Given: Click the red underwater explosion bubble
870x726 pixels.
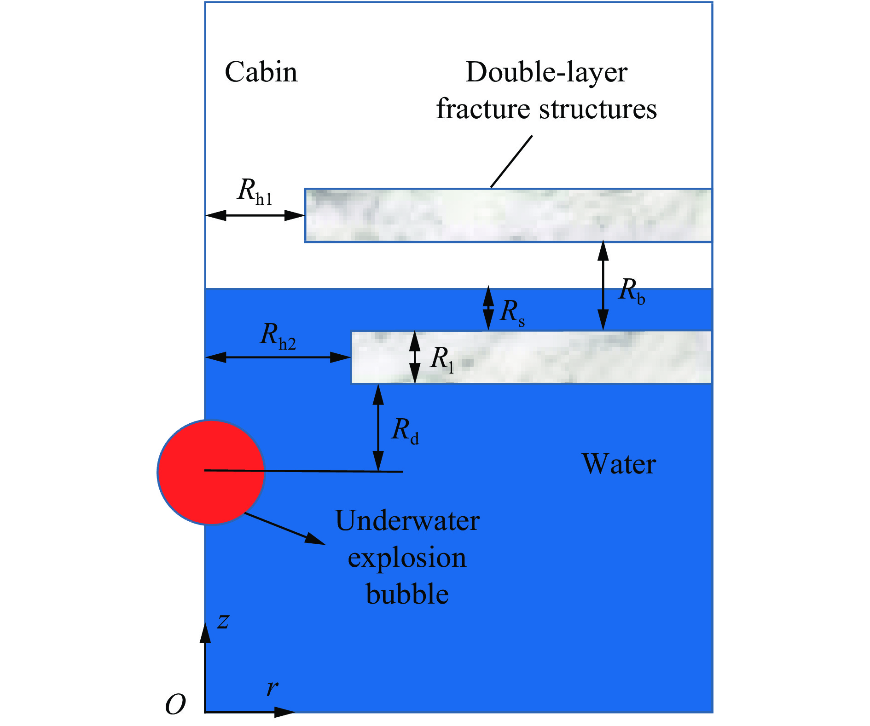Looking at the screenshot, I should [x=210, y=472].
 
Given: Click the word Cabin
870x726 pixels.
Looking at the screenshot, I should [x=261, y=72].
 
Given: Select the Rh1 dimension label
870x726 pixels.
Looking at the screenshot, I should [x=255, y=191].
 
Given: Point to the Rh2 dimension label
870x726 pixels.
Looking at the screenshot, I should [x=278, y=335].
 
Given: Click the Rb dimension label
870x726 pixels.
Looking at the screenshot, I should [x=632, y=291].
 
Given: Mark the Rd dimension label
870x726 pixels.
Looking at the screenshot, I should [x=405, y=432].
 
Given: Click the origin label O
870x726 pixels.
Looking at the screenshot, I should [x=175, y=704].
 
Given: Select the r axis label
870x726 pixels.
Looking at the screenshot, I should [x=272, y=688].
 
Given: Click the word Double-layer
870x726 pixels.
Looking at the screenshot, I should [x=546, y=72].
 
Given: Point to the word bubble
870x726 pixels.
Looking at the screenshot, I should [x=407, y=594].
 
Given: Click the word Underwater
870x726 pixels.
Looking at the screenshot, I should [x=407, y=521].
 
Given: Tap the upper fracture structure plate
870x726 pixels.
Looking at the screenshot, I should [x=508, y=215].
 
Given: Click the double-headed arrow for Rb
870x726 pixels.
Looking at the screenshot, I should [x=603, y=286].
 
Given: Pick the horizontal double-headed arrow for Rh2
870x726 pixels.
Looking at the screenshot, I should [x=278, y=357].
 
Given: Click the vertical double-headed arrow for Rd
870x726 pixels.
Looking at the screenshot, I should [x=378, y=428].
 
